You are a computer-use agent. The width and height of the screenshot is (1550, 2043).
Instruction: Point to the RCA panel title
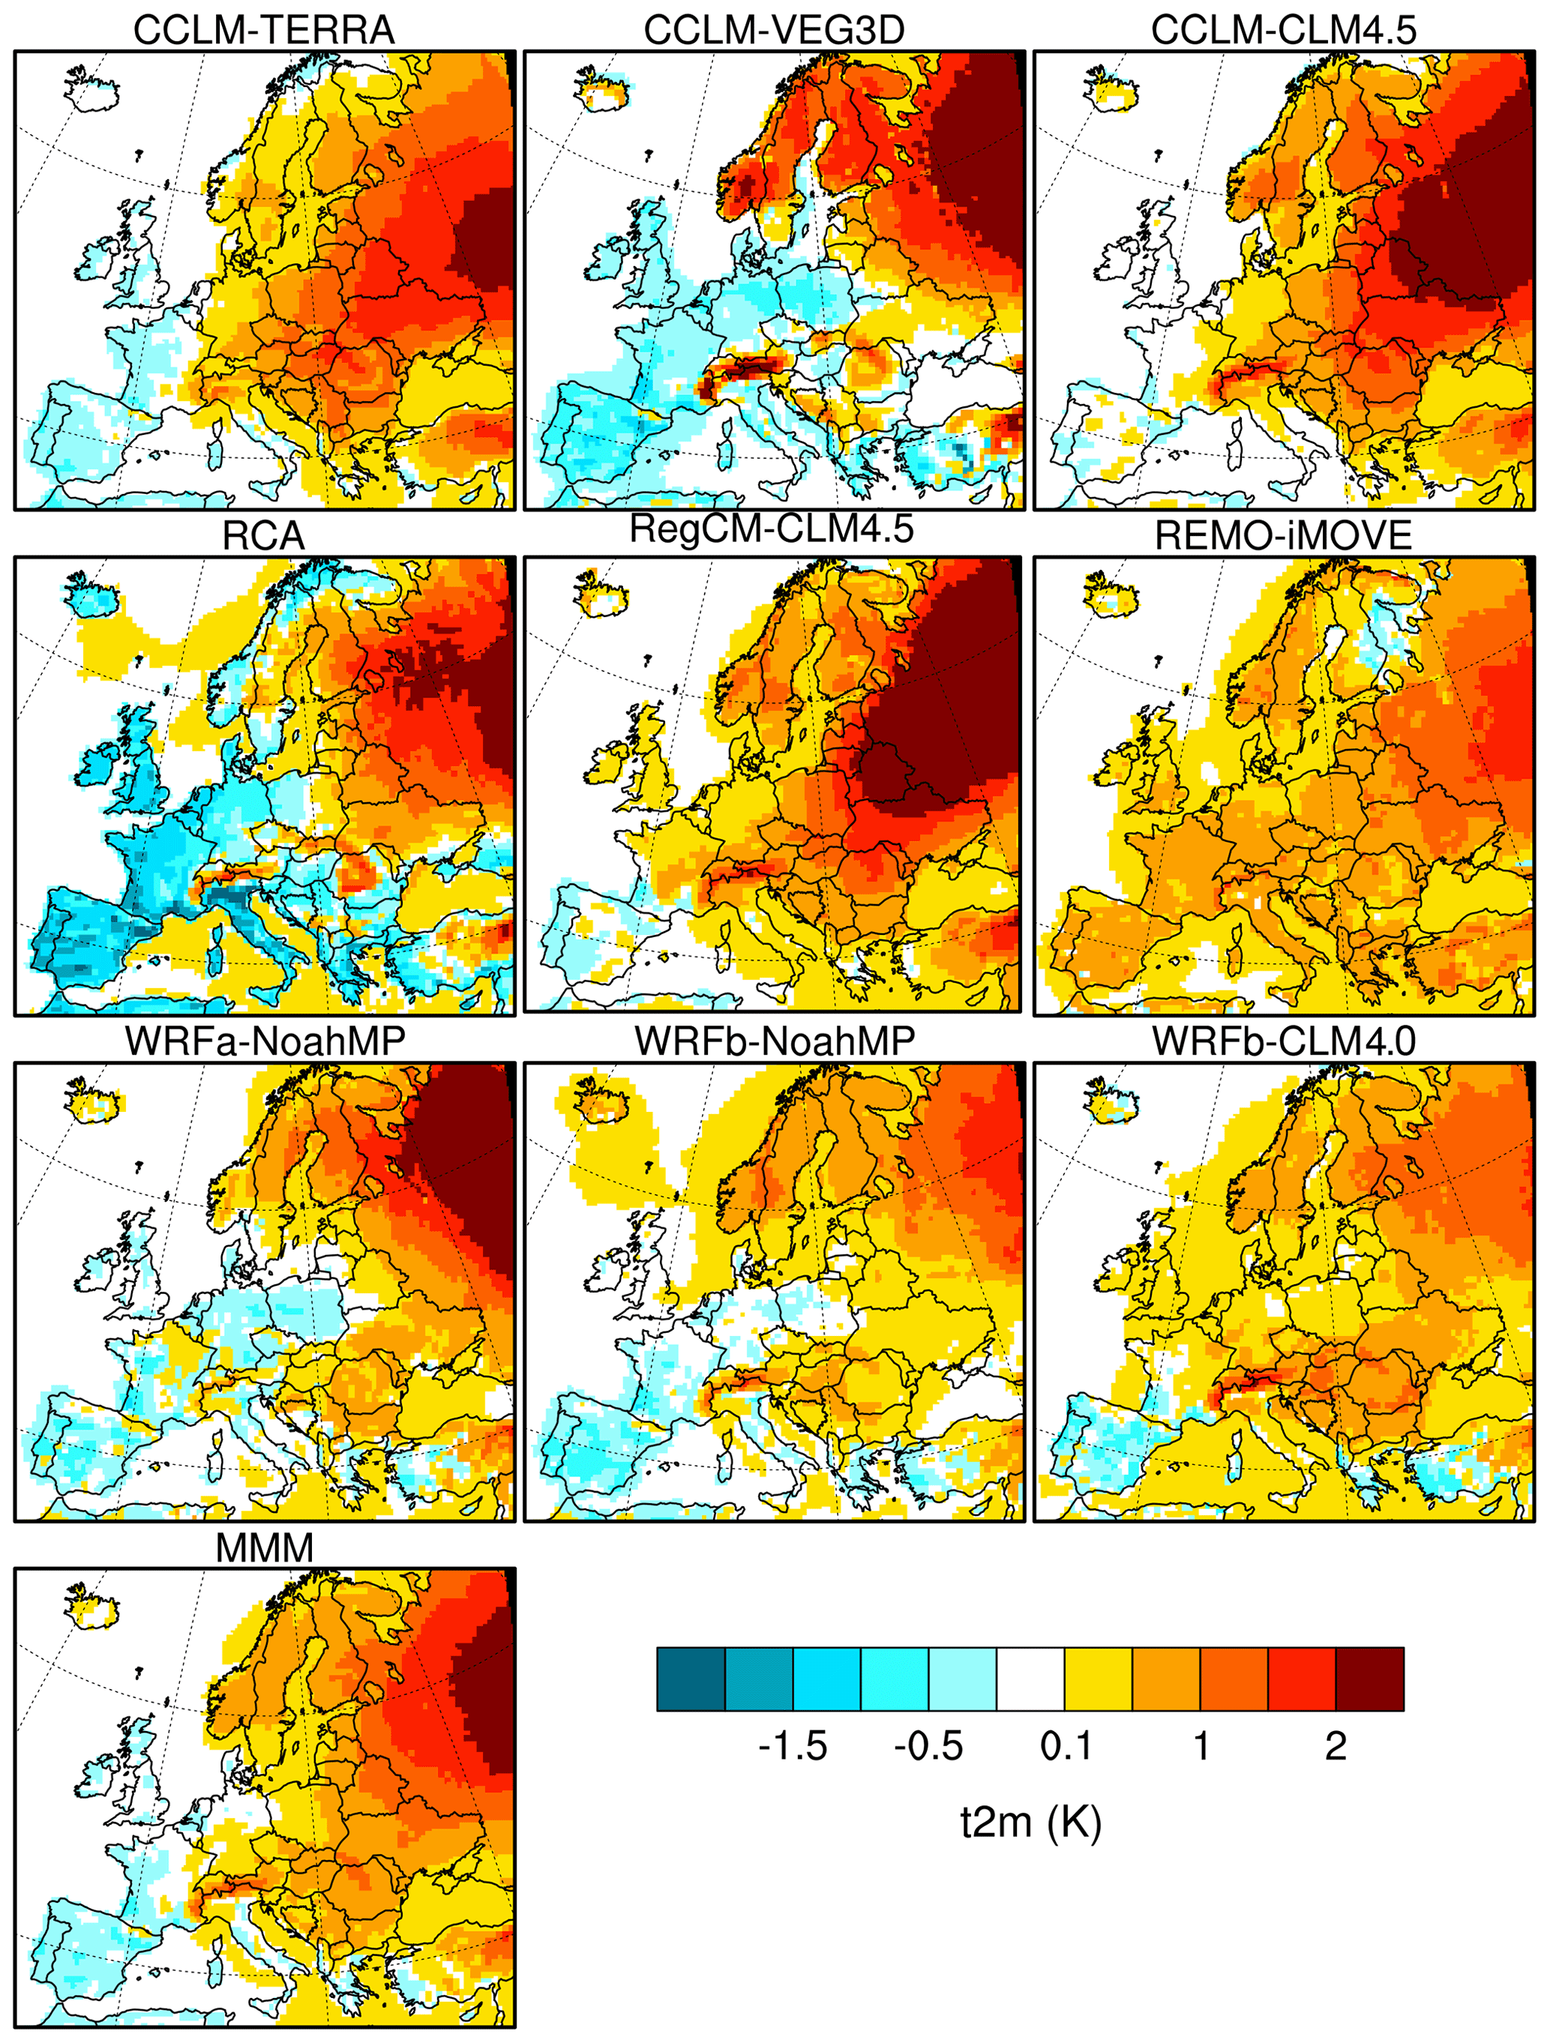(263, 537)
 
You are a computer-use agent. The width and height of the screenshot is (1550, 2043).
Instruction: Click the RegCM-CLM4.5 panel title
(772, 529)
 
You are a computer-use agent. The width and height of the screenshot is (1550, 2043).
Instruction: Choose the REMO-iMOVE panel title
(1284, 537)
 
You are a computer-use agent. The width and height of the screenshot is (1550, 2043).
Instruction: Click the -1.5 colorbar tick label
(793, 1745)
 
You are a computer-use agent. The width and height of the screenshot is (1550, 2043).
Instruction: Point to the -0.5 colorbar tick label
(928, 1745)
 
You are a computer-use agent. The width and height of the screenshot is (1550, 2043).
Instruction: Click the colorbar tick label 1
(1201, 1745)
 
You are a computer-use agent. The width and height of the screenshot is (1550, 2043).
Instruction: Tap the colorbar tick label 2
(1336, 1745)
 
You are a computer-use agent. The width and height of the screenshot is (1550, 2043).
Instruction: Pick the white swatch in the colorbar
(1031, 1679)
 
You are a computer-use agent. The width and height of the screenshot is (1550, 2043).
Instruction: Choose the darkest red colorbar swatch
(1370, 1679)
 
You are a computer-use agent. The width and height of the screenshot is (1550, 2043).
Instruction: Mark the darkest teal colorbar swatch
(691, 1679)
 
